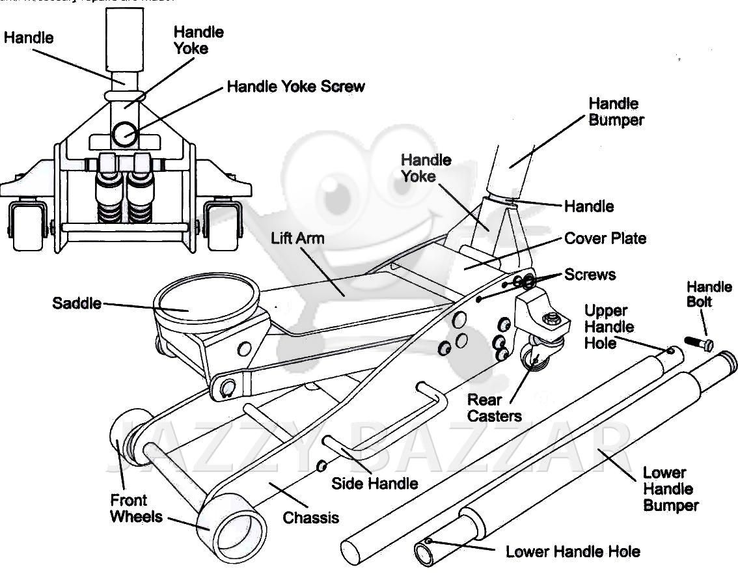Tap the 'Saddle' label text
click(x=77, y=303)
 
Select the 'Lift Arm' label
click(x=297, y=238)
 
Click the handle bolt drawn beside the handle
click(x=699, y=342)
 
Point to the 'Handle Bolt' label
click(x=709, y=294)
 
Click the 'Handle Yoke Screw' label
click(x=296, y=87)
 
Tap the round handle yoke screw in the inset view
click(x=124, y=134)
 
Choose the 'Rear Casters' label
click(x=495, y=407)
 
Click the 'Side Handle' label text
click(x=375, y=483)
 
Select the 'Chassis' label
click(x=311, y=518)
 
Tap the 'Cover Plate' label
click(x=605, y=238)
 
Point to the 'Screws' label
click(x=590, y=274)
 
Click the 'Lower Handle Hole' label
click(x=573, y=552)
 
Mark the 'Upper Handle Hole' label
click(x=608, y=327)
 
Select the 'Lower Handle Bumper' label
click(x=670, y=489)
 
